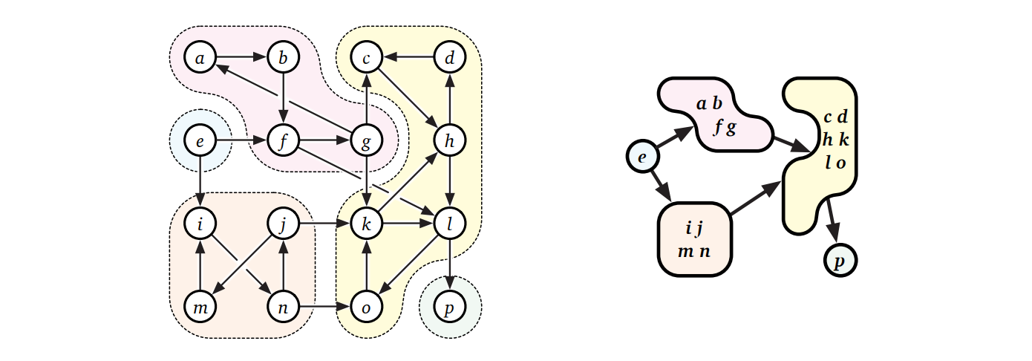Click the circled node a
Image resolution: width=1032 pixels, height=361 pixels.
[x=200, y=56]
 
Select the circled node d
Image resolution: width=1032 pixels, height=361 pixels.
[x=448, y=56]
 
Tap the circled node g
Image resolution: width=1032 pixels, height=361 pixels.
[x=365, y=139]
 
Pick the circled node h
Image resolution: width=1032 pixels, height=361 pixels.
[x=448, y=139]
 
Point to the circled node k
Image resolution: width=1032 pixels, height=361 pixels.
[x=365, y=222]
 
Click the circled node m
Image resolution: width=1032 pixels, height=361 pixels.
[x=200, y=305]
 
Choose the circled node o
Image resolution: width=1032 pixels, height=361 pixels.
[x=365, y=305]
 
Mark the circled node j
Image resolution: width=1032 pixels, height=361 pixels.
[x=282, y=222]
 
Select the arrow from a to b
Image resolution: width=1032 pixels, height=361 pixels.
[x=241, y=56]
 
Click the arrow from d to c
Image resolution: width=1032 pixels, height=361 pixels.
[x=407, y=56]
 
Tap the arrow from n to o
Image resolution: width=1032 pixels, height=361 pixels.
[x=324, y=305]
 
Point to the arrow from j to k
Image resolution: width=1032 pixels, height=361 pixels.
[x=324, y=222]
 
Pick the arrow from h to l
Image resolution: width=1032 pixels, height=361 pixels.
[x=448, y=180]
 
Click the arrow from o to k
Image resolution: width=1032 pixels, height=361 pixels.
[x=365, y=264]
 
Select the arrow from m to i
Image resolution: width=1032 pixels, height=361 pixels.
[x=200, y=264]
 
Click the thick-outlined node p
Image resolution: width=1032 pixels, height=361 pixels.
[x=840, y=261]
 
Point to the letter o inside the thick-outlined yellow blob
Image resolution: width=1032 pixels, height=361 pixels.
[x=840, y=163]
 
